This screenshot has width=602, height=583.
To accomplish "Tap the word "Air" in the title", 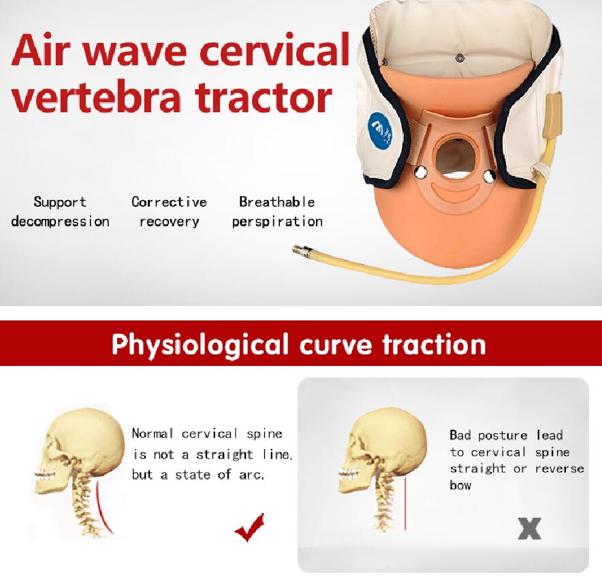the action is coord(41,50).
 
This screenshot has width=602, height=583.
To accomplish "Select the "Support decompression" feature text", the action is coord(61,212).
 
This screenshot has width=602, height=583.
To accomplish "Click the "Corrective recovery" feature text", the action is coord(170,212).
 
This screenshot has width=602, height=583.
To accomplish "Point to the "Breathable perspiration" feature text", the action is coord(277,212).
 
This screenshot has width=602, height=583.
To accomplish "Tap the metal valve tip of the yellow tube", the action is coord(302,250).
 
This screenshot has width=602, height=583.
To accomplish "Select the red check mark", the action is coord(250,527).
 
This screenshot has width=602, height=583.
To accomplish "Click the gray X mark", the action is coord(529,528).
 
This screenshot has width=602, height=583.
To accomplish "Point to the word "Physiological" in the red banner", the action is coord(200,344).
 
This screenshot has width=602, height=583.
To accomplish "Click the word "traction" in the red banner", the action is coord(434,344).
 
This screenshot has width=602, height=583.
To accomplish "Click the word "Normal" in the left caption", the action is coord(153,434).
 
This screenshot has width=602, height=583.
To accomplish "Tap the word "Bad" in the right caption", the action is coord(460,435).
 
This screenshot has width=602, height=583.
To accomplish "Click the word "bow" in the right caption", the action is coord(460,485).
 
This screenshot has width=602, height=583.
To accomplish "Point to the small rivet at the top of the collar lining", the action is coord(460,59).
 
